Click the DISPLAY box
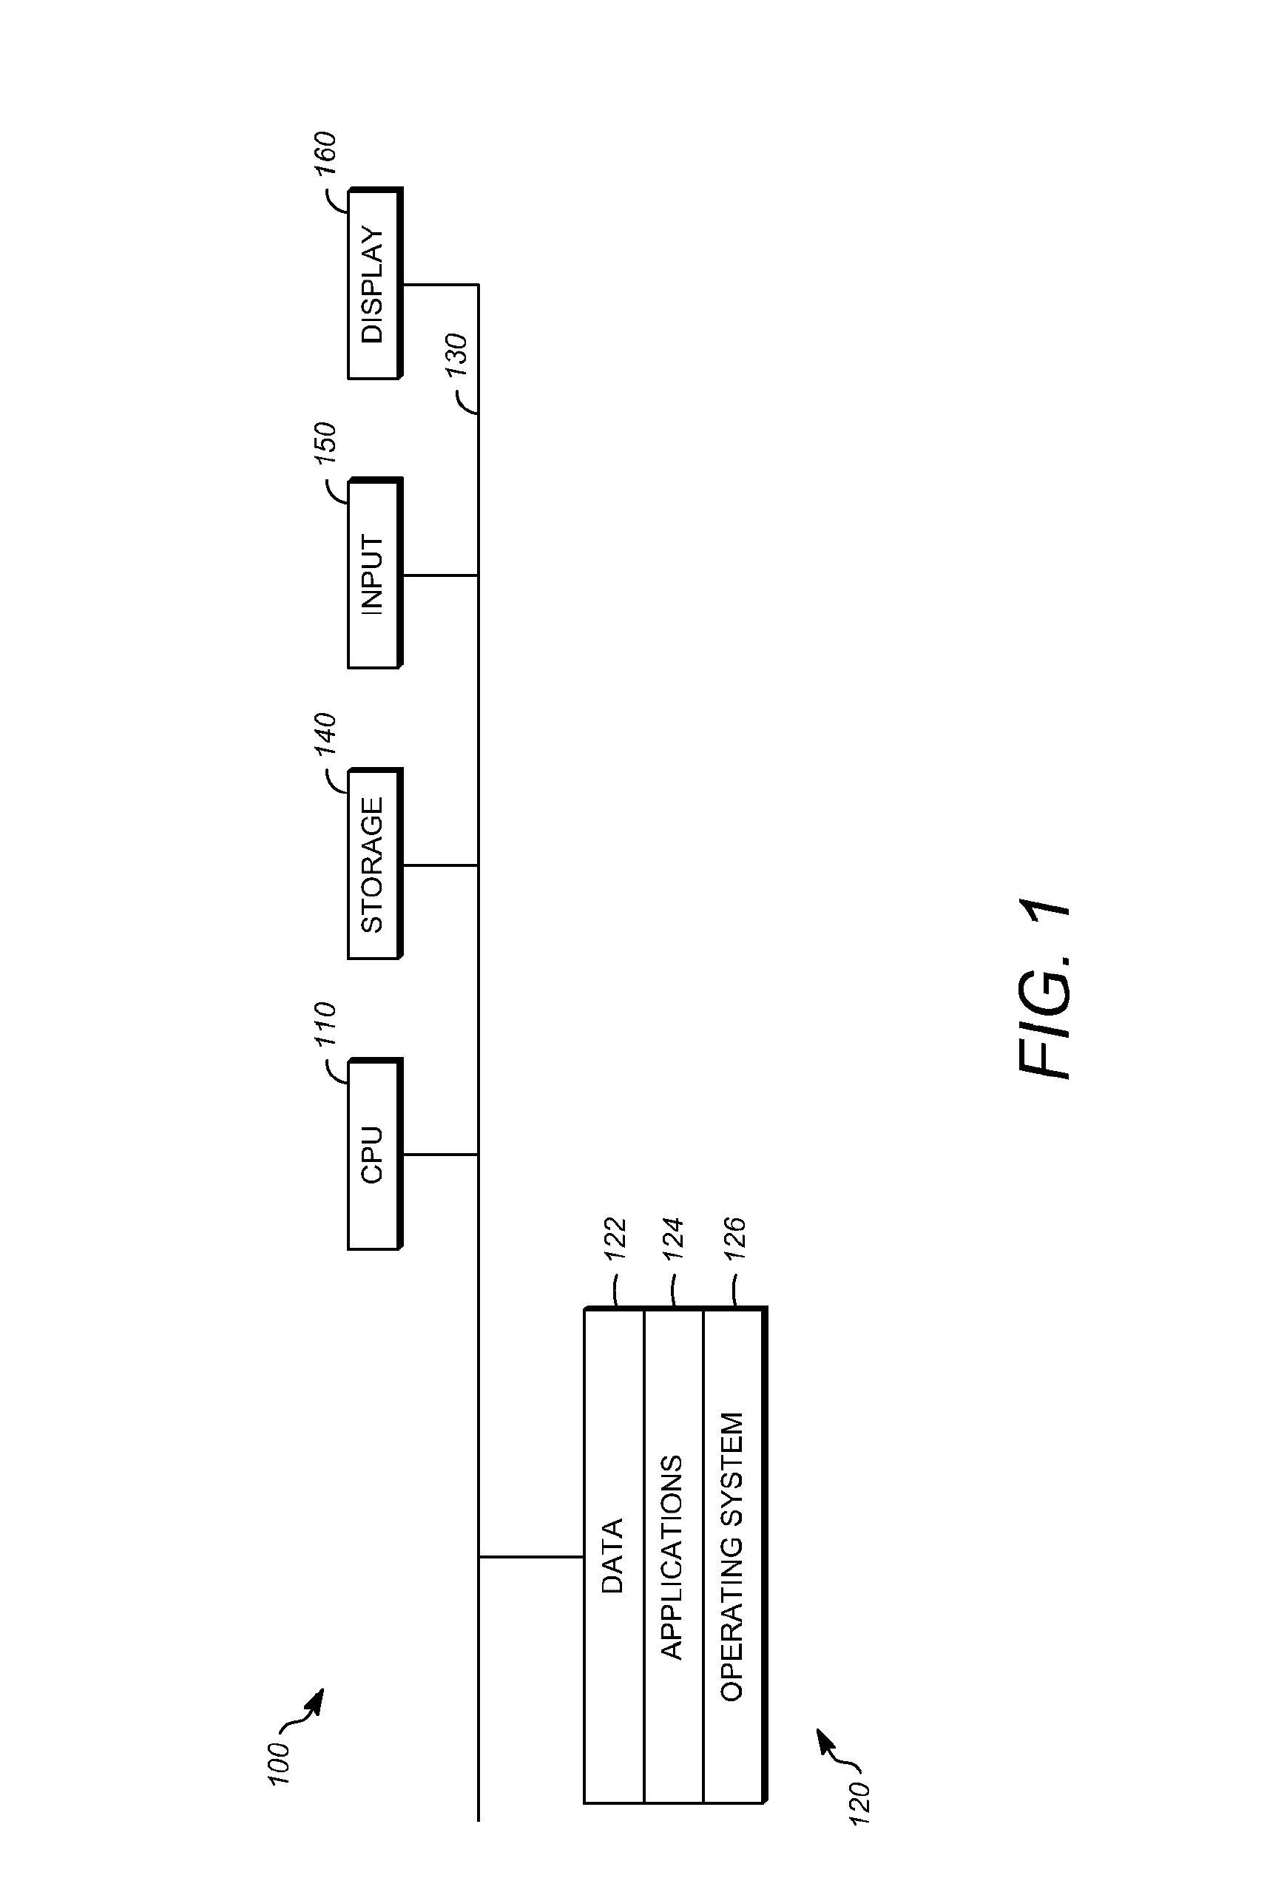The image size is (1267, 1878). pos(374,283)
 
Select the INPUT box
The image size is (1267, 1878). pos(374,574)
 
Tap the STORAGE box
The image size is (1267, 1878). pos(374,864)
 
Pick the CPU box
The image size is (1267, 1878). pos(374,1154)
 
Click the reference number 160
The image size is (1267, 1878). pos(324,154)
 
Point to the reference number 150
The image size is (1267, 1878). pos(324,444)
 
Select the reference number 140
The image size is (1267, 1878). pos(324,734)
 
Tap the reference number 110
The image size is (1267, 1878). pos(324,1024)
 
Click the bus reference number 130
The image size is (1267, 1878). pos(456,354)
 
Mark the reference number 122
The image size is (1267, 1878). pos(615,1239)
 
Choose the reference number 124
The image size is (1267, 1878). pos(673,1239)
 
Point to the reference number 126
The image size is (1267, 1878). pos(734,1239)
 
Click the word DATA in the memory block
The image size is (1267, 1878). pos(613,1556)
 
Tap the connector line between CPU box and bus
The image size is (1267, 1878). pos(440,1154)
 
